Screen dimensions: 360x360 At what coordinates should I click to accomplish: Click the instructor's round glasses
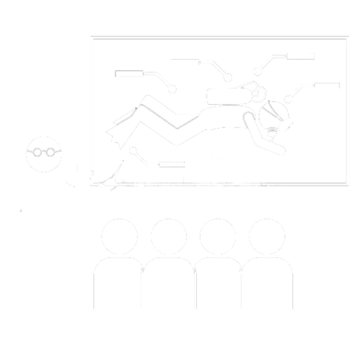tap(44, 152)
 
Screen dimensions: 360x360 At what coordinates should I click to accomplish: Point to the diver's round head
tap(274, 112)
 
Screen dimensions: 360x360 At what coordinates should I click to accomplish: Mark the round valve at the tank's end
tap(257, 91)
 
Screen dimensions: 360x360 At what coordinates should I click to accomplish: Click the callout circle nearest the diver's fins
tap(134, 149)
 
